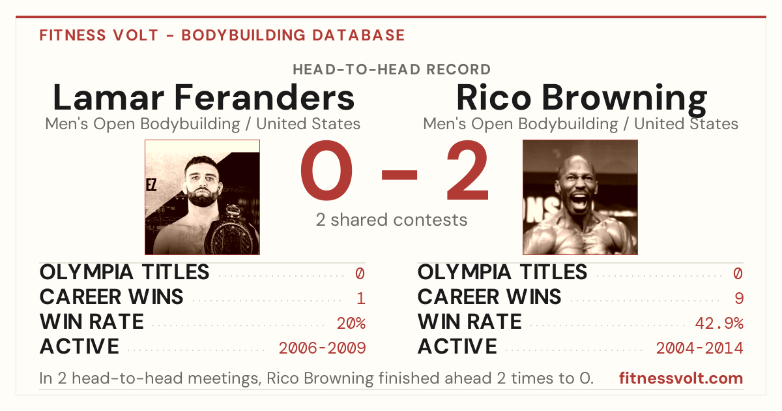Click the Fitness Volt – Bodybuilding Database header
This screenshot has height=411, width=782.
point(222,35)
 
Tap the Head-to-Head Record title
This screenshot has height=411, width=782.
point(392,69)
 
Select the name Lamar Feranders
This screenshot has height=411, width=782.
point(203,97)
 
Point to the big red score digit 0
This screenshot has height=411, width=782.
point(326,170)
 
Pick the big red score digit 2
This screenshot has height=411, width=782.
point(468,170)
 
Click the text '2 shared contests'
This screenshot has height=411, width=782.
point(392,220)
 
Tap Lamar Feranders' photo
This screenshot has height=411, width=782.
point(203,197)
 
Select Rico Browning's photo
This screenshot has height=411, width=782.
point(580,197)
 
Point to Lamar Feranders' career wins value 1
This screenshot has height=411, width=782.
point(361,298)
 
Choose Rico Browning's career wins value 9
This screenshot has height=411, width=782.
point(739,298)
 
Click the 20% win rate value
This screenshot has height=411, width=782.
point(351,323)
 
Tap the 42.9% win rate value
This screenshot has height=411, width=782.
point(719,323)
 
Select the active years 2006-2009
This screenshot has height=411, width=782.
point(322,348)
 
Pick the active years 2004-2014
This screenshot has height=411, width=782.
point(700,348)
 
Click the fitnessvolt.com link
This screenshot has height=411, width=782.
point(681,378)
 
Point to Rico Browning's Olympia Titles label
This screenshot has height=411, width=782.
point(502,272)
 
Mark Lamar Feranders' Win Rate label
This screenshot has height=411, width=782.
point(91,322)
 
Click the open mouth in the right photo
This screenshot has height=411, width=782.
point(579,202)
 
